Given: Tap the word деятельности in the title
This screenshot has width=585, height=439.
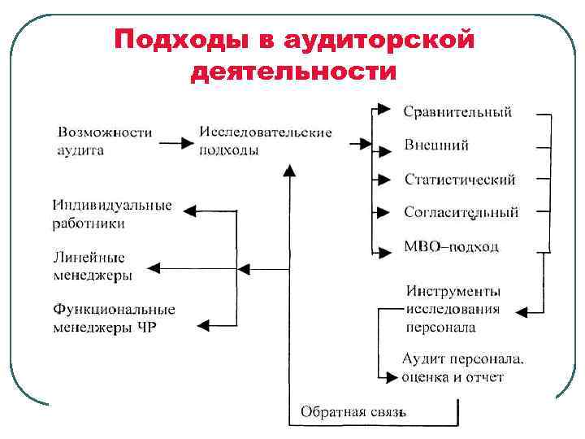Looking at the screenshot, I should (294, 73).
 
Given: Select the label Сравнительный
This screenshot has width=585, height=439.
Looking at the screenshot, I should (457, 112).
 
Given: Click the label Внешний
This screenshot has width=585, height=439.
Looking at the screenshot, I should (436, 146).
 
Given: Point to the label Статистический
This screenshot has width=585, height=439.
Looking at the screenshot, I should (459, 180).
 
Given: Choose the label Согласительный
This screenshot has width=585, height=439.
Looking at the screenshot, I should (461, 212).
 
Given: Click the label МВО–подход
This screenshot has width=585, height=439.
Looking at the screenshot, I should (451, 246).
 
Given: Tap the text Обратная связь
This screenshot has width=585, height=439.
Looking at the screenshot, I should (353, 412).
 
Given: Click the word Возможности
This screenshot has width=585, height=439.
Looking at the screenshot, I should (105, 132).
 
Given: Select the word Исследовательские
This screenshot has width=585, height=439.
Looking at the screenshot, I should (265, 132).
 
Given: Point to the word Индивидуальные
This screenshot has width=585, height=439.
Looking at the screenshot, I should (112, 205).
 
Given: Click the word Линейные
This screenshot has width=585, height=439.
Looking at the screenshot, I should (89, 258).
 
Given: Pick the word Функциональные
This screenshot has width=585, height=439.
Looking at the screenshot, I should (114, 310).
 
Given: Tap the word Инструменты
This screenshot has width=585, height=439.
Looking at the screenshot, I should (453, 291).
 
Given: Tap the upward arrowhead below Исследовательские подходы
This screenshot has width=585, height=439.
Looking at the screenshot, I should (288, 169).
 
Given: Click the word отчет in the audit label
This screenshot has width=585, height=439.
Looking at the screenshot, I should (484, 376).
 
